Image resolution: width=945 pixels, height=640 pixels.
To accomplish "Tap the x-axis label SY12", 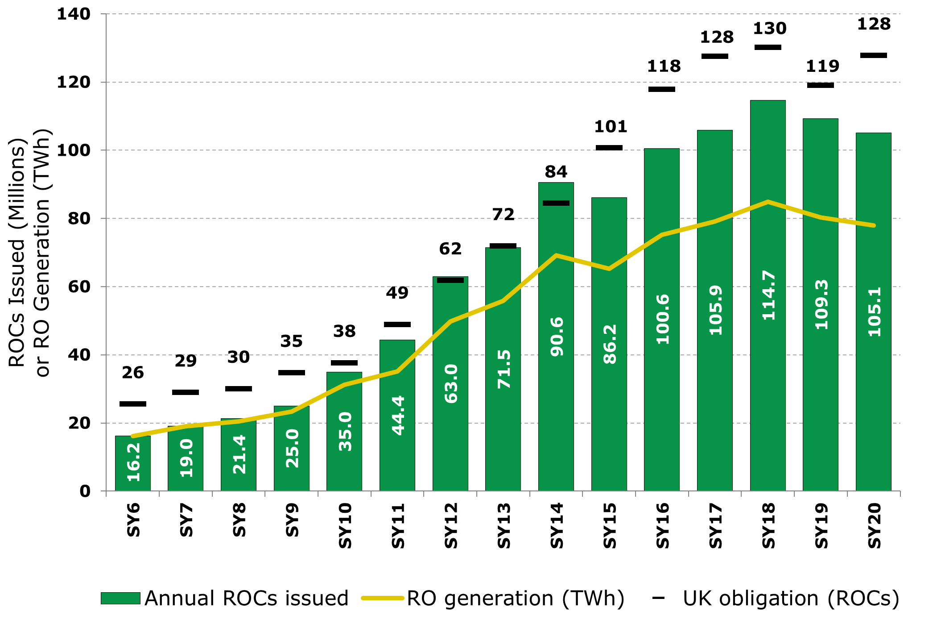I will click(451, 525).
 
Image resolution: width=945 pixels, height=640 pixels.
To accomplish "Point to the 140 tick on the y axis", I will click(73, 14).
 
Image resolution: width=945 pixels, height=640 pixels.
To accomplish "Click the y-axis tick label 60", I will click(79, 287).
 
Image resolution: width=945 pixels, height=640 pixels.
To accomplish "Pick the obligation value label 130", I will click(769, 29).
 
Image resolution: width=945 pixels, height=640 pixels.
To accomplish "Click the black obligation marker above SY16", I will click(661, 89).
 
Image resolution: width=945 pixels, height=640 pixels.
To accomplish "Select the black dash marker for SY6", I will click(132, 404).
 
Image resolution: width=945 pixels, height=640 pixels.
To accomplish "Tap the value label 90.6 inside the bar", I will click(557, 337).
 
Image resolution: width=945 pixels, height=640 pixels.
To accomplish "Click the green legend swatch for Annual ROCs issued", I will click(120, 598).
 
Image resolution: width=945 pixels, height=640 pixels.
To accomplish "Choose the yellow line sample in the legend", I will click(382, 598).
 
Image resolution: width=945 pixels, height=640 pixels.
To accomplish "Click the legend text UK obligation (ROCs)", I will click(791, 598).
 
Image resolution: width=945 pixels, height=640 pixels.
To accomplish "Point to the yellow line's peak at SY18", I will click(768, 202).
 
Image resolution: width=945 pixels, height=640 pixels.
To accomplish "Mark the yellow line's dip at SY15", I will click(609, 269).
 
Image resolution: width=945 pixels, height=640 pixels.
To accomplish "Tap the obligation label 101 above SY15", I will click(610, 127).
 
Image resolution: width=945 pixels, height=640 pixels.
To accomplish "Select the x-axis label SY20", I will click(874, 525).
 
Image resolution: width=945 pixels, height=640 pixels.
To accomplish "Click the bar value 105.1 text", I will click(874, 311).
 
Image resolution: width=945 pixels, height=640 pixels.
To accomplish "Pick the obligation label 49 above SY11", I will click(397, 293).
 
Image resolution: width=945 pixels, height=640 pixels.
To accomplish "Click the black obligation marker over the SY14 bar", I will click(556, 203).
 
